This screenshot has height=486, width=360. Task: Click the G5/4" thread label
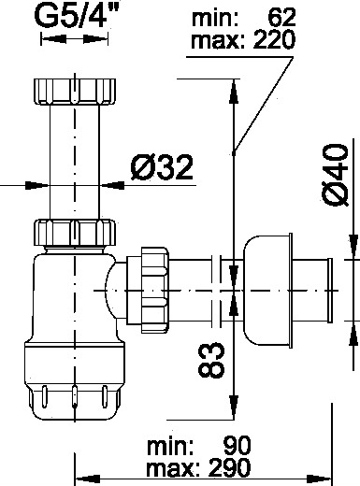pyautogui.click(x=77, y=15)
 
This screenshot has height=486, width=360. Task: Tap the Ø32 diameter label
pyautogui.click(x=162, y=167)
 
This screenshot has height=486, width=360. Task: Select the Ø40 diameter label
pyautogui.click(x=335, y=175)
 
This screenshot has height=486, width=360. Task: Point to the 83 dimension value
pyautogui.click(x=211, y=360)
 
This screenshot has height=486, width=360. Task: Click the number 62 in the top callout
pyautogui.click(x=281, y=18)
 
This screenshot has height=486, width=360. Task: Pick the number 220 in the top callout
pyautogui.click(x=274, y=40)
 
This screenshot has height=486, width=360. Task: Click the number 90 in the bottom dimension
pyautogui.click(x=237, y=446)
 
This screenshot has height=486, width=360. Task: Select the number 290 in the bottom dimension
pyautogui.click(x=229, y=467)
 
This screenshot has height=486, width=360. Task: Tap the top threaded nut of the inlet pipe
pyautogui.click(x=75, y=92)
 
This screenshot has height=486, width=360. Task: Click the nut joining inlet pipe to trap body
pyautogui.click(x=75, y=233)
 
